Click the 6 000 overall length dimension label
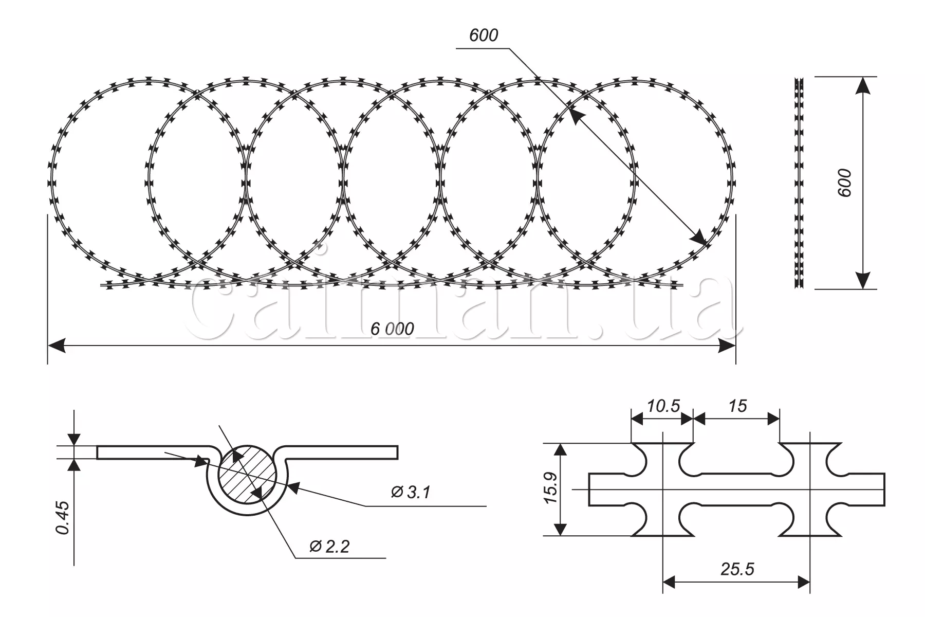click(392, 329)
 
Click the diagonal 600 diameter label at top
click(484, 35)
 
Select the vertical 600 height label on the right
click(844, 182)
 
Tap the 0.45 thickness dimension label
click(63, 518)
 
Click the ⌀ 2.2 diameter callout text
click(329, 546)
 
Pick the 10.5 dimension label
click(663, 406)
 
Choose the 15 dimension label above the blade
click(737, 406)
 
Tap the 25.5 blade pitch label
click(737, 569)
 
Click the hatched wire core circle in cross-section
click(248, 476)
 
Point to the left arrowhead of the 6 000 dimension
click(57, 346)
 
